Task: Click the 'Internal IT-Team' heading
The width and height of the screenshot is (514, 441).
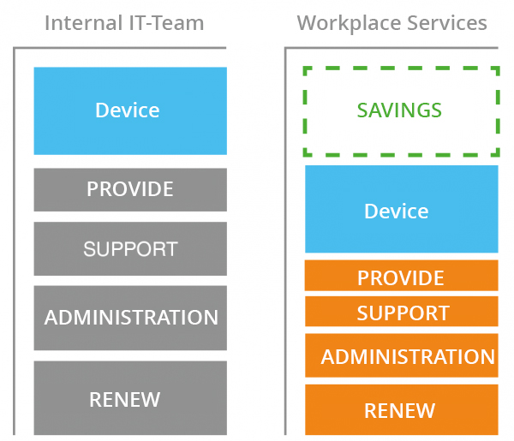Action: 124,23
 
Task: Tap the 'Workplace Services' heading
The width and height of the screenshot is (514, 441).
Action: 391,23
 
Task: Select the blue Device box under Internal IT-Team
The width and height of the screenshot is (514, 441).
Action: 130,110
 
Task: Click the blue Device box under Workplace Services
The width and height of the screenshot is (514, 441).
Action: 402,209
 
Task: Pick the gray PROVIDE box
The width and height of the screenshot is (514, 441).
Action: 130,190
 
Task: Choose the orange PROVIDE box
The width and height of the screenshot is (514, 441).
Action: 402,276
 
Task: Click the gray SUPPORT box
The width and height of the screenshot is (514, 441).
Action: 130,248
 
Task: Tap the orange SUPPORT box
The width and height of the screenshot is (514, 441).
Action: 402,311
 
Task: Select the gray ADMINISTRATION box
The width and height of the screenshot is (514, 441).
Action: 130,318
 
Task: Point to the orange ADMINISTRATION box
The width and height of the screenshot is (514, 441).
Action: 402,355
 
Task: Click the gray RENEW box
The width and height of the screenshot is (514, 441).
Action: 130,398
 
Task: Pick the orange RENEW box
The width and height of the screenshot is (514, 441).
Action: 402,410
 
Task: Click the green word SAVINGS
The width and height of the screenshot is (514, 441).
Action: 399,110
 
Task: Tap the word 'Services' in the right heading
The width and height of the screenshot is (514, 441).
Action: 447,23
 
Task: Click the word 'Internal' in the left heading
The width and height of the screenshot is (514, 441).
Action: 83,23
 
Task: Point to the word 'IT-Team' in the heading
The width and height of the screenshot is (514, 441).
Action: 166,23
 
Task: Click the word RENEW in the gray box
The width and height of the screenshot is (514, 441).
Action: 125,400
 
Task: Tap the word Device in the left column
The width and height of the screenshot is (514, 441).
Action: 128,110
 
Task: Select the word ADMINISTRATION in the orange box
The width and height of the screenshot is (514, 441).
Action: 408,356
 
